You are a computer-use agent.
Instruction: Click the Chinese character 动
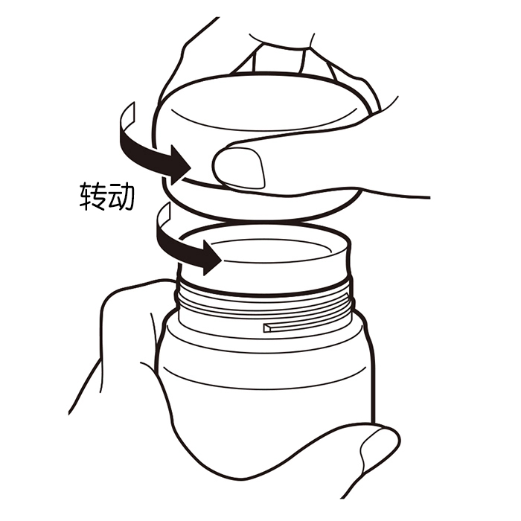pos(121,196)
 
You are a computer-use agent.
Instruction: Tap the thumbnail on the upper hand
pos(239,168)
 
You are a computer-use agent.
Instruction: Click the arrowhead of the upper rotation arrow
pos(180,164)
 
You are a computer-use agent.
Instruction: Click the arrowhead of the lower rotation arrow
pos(211,258)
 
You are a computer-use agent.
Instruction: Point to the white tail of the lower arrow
pos(163,217)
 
